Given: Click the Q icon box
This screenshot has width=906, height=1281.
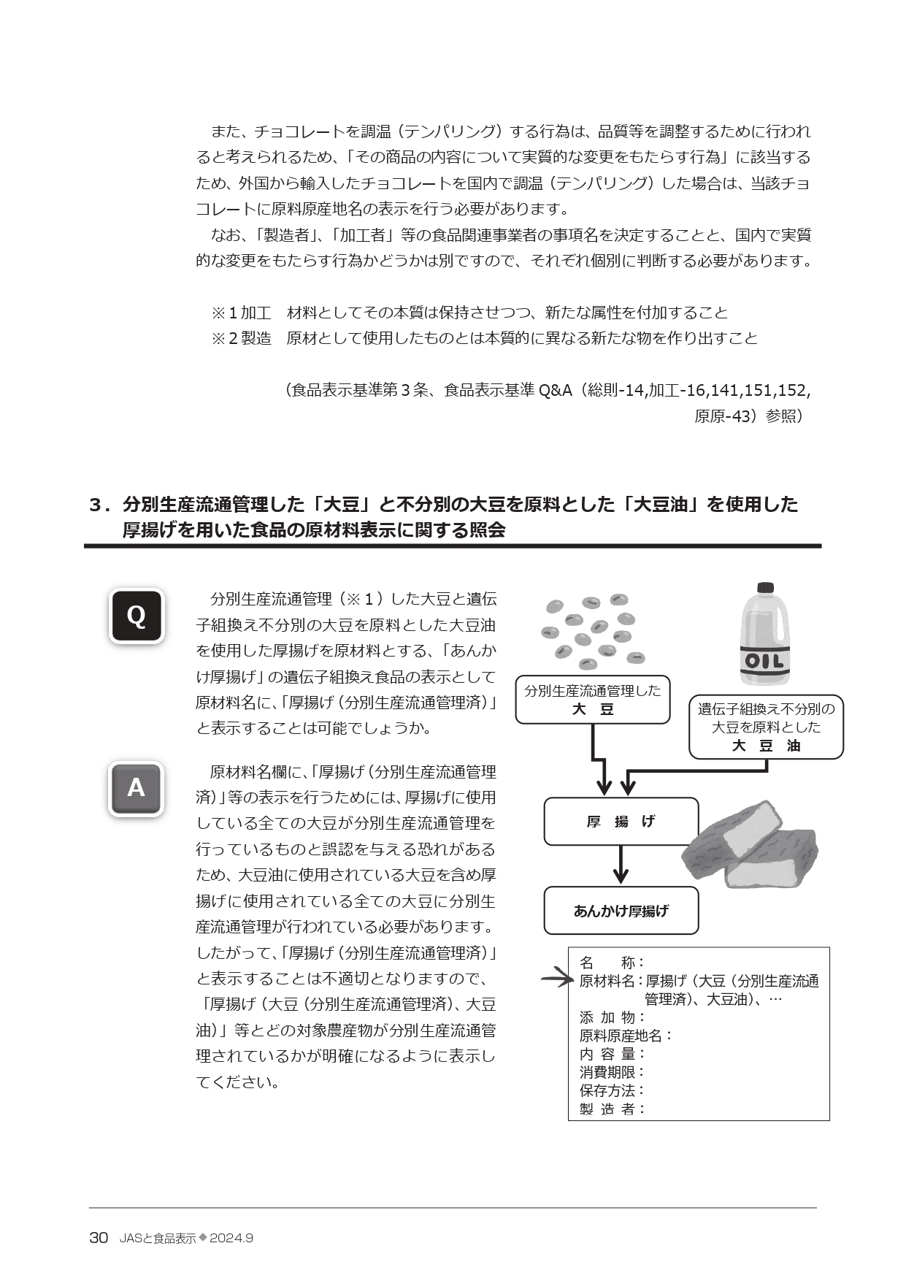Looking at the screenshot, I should (x=136, y=616).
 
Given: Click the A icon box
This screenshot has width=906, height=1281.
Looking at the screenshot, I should (x=136, y=788).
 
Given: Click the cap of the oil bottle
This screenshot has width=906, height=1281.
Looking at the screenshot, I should (x=765, y=588).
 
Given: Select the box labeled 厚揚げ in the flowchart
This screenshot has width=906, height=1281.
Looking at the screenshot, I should (x=621, y=822).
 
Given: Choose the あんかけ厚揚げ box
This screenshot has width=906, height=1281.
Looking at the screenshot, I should (x=621, y=911).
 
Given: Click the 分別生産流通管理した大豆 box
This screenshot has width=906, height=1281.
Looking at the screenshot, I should (x=592, y=700).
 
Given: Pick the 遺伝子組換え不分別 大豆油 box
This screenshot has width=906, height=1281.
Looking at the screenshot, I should (x=766, y=727).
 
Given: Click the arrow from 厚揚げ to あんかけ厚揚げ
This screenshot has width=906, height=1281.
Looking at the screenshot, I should (x=621, y=865).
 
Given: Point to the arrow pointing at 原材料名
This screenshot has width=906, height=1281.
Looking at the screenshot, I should (x=556, y=979).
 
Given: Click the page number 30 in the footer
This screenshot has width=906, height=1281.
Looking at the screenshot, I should (x=99, y=1239).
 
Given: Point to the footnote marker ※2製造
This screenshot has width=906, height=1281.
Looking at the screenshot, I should (x=242, y=338).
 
